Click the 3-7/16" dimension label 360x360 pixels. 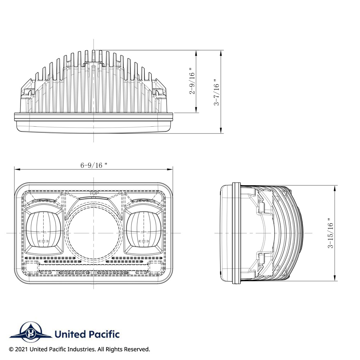tap(217, 92)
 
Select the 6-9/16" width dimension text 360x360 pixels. tap(94, 165)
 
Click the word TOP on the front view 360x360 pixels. tap(94, 194)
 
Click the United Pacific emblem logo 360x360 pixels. tap(30, 333)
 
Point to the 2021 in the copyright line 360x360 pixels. tap(22, 349)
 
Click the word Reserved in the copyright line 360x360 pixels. tap(136, 349)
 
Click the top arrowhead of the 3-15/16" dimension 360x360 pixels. tap(335, 187)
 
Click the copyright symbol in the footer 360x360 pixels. tap(11, 349)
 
